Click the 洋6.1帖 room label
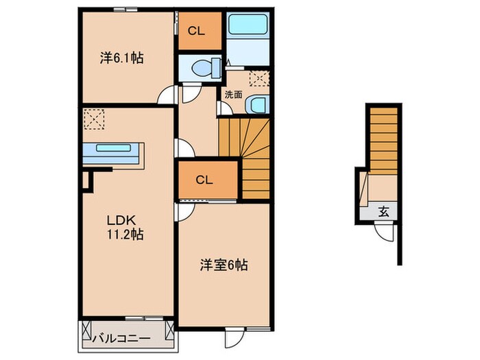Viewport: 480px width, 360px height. [x=121, y=59]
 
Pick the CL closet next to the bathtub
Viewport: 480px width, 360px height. [x=200, y=30]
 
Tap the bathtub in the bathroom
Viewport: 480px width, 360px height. [x=248, y=25]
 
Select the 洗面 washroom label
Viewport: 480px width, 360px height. [x=232, y=95]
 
